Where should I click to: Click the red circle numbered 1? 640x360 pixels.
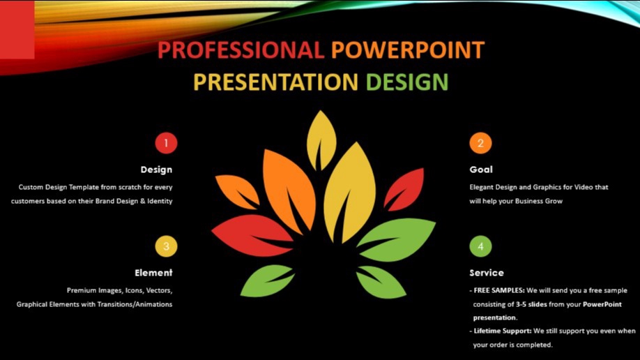pos(166,143)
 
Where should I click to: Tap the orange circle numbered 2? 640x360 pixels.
pos(480,143)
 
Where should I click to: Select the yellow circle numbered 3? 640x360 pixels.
pos(166,246)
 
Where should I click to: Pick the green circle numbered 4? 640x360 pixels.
pos(480,246)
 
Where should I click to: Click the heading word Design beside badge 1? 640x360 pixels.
pos(156,170)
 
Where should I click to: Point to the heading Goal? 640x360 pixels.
pos(481,170)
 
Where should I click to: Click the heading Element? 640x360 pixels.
pos(153,273)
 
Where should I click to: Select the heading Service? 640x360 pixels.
pos(487,273)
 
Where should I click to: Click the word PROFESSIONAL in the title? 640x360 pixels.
pos(241,50)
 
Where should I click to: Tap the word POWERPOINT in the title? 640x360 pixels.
pos(408,50)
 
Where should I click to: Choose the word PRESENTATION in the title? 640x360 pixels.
pos(275,82)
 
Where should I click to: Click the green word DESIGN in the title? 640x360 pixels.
pos(407,82)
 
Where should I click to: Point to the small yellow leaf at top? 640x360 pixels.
pos(321,136)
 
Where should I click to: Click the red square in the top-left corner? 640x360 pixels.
pos(17,29)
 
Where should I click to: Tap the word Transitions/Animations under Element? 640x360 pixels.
pos(133,304)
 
